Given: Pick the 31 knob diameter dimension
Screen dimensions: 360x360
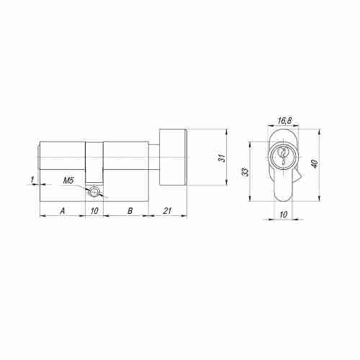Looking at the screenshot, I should click(222, 156).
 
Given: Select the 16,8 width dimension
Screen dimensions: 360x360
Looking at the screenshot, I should click(284, 122).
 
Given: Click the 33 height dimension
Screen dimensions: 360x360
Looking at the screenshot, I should click(245, 172).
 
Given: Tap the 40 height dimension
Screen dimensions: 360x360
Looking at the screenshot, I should click(314, 163).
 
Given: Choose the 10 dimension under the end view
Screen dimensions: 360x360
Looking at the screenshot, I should click(284, 215).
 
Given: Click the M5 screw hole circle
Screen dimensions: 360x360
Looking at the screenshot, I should click(93, 192).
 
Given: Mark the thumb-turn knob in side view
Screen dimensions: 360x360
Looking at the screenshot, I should click(173, 156).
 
